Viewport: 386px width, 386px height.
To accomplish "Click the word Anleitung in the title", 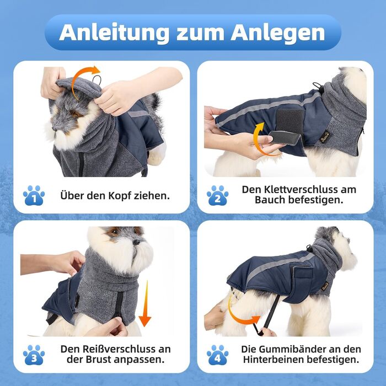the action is coord(115,32).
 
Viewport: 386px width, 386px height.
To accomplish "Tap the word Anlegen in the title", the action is coord(278,32).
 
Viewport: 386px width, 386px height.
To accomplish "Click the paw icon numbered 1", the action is coord(34,195).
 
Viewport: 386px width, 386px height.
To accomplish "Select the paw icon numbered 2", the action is coord(218,195).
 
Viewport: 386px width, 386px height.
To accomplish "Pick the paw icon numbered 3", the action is coord(34,355).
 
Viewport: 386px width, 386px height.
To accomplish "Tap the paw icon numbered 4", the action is coord(218,355).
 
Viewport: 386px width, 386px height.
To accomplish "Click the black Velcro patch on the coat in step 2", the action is coord(289,121).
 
